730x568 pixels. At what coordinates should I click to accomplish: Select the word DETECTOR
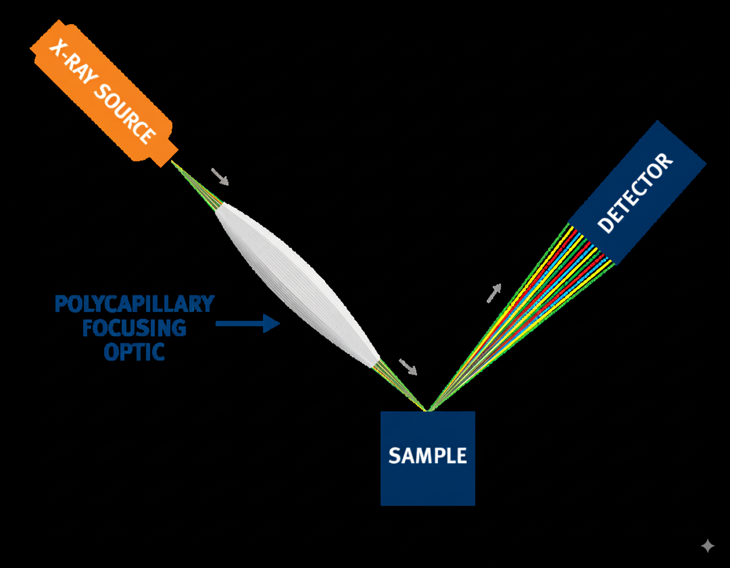[x=634, y=193]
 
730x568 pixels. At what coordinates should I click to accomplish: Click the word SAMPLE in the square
[x=428, y=456]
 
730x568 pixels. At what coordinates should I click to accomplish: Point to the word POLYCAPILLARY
[x=134, y=304]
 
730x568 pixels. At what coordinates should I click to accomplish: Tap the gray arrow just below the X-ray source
[x=220, y=177]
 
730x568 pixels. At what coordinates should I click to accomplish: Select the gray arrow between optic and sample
[x=407, y=366]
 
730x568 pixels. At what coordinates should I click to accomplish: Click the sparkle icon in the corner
[x=708, y=546]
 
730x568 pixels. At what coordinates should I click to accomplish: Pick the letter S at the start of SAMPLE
[x=394, y=456]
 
